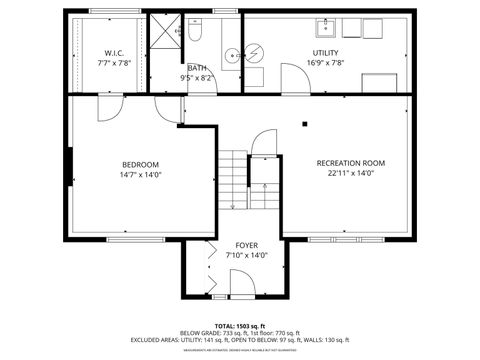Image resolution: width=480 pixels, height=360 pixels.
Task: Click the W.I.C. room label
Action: coord(112,52)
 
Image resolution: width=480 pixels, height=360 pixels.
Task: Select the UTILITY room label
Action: coord(325,52)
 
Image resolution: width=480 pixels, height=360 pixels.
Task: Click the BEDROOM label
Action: coord(140,164)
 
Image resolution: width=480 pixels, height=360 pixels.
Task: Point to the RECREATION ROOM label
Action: coord(350,163)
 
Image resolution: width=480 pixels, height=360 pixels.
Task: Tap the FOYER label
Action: coord(246,245)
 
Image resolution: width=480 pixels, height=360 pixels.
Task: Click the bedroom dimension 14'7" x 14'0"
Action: coord(140,175)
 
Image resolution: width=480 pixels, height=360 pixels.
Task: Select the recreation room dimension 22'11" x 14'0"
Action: coord(350,174)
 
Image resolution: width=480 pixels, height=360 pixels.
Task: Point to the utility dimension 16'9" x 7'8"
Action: coord(325,63)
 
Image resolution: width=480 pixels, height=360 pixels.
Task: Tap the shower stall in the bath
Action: coord(163,36)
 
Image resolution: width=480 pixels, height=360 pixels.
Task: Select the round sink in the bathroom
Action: coord(231,55)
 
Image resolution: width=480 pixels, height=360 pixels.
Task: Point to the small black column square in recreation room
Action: coord(304,125)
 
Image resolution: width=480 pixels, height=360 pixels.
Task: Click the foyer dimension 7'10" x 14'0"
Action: coord(246,256)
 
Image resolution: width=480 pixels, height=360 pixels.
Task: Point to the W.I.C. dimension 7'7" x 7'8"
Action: coord(112,63)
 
